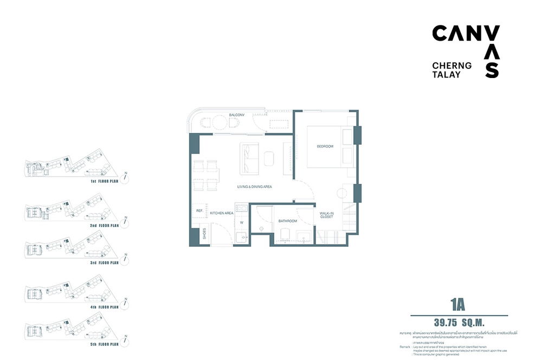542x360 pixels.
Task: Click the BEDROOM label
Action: tap(325, 147)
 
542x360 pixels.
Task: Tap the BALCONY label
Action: tap(236, 115)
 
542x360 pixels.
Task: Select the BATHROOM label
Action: tap(288, 221)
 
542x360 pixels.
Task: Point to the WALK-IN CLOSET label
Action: tap(326, 216)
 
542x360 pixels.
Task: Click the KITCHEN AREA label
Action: tap(222, 213)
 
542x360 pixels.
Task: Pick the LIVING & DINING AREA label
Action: tap(254, 187)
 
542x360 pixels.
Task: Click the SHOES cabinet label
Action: tap(204, 234)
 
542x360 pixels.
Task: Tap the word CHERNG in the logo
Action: tap(451, 65)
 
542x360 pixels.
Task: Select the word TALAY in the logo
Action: tap(447, 74)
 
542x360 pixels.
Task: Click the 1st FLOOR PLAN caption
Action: tap(105, 182)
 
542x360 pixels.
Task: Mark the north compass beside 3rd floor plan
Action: tap(126, 256)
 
